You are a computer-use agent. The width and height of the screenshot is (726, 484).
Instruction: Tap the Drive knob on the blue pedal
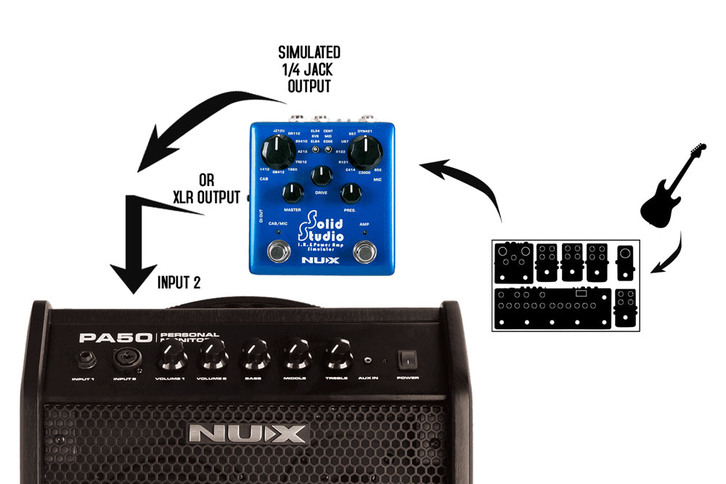(321, 176)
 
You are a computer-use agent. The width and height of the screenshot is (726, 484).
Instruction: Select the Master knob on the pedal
(292, 193)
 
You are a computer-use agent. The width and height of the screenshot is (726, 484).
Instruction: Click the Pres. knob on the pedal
(351, 193)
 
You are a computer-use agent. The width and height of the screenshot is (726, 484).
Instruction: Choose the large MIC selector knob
(364, 151)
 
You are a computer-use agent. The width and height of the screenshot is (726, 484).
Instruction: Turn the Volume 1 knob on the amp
(169, 355)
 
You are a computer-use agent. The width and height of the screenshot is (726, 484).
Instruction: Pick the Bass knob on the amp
(253, 355)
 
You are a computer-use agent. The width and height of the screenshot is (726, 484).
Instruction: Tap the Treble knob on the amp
(336, 355)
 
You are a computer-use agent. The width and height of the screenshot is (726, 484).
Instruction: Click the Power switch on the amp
(407, 358)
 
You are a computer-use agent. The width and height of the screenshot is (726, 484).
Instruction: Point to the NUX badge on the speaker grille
(247, 434)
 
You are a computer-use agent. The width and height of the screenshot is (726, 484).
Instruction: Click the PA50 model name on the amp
(115, 338)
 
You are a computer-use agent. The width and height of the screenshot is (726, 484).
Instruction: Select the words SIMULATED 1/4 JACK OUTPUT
(309, 70)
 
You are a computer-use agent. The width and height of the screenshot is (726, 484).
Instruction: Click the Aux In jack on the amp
(370, 360)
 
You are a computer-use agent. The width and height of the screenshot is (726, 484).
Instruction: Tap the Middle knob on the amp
(295, 355)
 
